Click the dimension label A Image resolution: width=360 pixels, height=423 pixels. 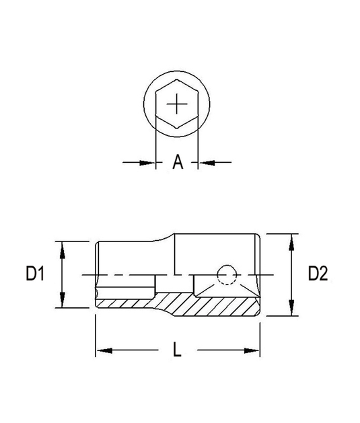tap(177, 162)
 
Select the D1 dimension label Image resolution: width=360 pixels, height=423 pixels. tap(35, 274)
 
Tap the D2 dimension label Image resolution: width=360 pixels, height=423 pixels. tap(318, 274)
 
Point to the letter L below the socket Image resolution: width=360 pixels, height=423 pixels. tap(177, 350)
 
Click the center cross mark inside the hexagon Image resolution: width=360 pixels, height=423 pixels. tap(177, 104)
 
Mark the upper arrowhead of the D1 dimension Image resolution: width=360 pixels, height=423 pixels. tap(62, 248)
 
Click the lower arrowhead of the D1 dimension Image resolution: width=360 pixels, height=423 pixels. tap(62, 301)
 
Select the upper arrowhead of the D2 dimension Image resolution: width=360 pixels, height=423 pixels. tap(291, 241)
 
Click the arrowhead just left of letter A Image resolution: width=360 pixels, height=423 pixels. tap(149, 162)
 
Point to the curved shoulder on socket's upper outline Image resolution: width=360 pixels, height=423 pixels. tap(168, 237)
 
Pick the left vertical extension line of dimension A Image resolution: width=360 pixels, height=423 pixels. tap(156, 145)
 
